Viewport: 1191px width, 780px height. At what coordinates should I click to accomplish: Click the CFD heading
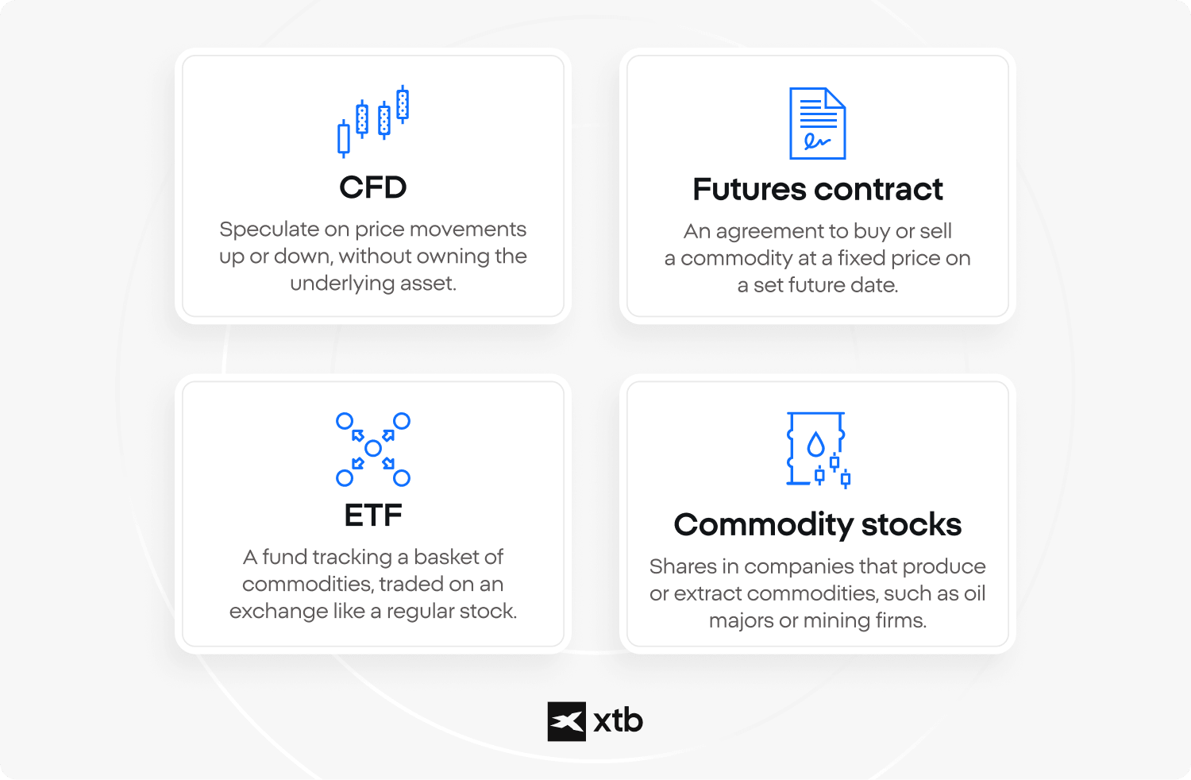click(x=372, y=187)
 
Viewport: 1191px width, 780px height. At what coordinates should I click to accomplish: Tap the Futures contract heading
click(x=817, y=189)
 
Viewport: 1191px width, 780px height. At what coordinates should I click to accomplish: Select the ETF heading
click(x=372, y=515)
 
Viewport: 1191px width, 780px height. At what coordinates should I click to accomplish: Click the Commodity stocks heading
click(x=817, y=525)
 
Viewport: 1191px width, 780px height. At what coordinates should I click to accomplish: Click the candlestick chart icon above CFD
click(x=372, y=122)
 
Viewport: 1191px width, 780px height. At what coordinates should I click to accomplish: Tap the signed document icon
click(x=817, y=123)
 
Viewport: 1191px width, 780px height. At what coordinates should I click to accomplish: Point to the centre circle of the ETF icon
click(x=372, y=449)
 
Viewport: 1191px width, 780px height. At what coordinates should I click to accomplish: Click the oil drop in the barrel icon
click(x=815, y=444)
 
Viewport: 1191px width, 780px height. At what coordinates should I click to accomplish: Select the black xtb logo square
click(x=566, y=721)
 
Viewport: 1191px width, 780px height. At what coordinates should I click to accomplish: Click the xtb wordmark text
click(x=618, y=721)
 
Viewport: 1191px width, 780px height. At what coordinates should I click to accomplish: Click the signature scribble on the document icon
click(x=817, y=141)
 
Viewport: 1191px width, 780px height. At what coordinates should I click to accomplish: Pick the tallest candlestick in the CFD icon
click(x=403, y=104)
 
